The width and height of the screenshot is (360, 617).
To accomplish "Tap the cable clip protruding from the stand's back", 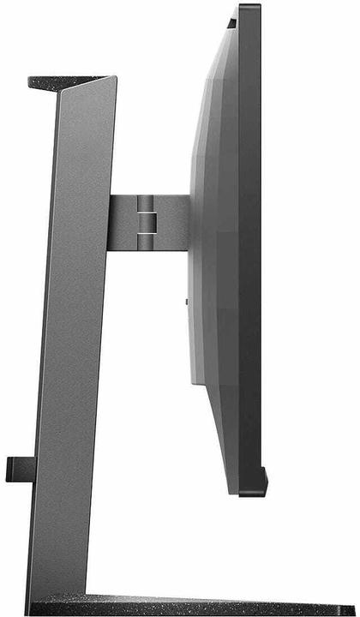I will tap(19, 468).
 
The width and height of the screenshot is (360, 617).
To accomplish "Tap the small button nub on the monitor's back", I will tap(186, 302).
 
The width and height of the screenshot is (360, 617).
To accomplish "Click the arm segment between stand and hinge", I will tap(124, 224).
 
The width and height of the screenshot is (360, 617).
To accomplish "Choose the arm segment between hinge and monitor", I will tap(171, 224).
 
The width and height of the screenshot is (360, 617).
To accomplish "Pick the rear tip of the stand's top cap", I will tap(33, 83).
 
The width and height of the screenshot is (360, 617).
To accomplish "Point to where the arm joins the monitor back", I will tap(189, 224).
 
